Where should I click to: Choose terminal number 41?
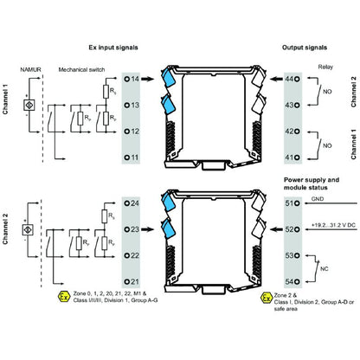point(290,157)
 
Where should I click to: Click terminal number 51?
point(290,204)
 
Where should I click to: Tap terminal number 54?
point(290,282)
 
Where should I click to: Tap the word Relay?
point(325,63)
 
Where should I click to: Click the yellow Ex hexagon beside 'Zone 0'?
point(62,297)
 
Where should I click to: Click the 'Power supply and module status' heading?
point(316,183)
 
